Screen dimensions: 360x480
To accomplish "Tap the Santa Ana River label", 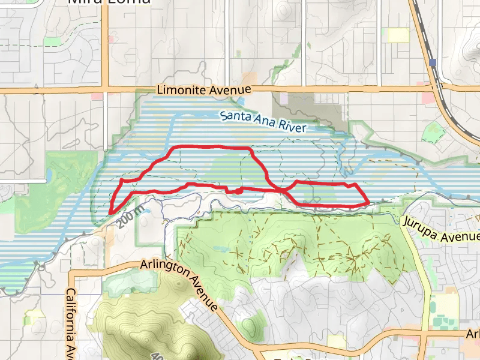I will tap(263, 121).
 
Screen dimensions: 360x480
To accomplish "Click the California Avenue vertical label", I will tap(70, 321).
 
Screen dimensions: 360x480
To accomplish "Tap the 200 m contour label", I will tap(131, 217).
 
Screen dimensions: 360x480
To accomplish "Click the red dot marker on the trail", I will tap(238, 191).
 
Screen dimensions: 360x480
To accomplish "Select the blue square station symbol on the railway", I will tap(433, 62).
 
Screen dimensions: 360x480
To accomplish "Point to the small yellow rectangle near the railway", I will tap(398, 35).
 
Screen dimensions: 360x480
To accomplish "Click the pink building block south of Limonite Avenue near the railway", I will tap(428, 97).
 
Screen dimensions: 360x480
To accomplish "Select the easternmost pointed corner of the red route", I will tap(368, 202).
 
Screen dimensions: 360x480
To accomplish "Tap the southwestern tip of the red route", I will tap(112, 211).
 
